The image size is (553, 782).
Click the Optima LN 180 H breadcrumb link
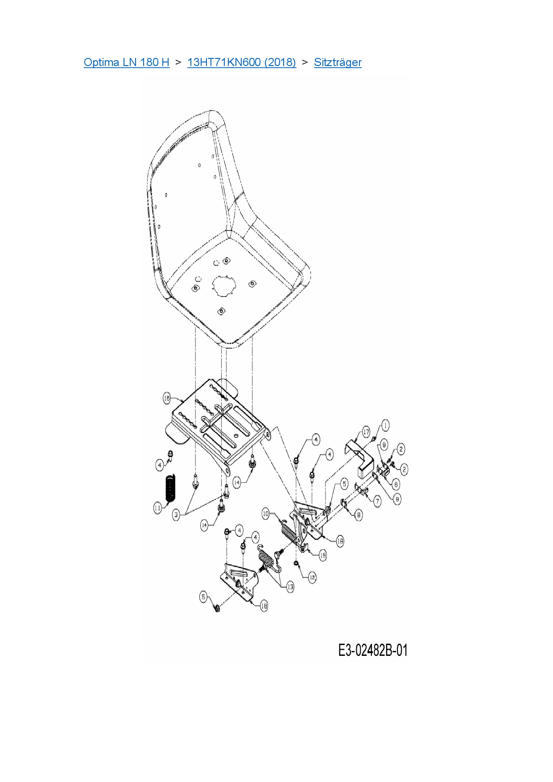[x=126, y=62]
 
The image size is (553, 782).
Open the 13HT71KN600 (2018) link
[x=241, y=62]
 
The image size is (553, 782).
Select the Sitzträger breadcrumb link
[x=338, y=62]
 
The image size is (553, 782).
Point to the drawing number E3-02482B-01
[x=373, y=650]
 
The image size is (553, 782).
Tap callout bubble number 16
[x=167, y=398]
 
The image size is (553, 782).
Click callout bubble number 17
[x=366, y=432]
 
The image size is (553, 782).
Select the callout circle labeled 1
[x=385, y=425]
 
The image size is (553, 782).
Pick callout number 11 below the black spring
[x=157, y=508]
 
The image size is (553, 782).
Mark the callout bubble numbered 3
[x=177, y=515]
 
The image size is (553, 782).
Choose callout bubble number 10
[x=266, y=514]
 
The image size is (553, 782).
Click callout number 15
[x=323, y=555]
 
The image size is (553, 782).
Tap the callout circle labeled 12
[x=312, y=577]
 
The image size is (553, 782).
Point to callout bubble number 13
[x=290, y=587]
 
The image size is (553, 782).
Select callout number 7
[x=377, y=501]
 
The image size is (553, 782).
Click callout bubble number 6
[x=396, y=484]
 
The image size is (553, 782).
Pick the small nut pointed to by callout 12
[x=296, y=564]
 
